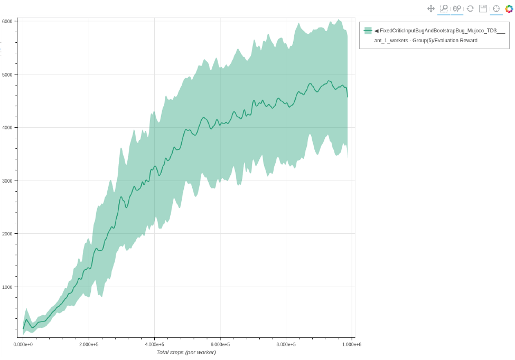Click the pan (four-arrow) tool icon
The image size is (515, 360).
tap(430, 8)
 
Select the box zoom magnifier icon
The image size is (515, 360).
tap(444, 8)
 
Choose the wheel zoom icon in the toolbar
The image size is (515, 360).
tap(457, 8)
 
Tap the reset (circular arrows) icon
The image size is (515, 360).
tap(470, 8)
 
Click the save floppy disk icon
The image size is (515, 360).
tap(483, 8)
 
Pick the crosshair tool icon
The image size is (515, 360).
tap(496, 8)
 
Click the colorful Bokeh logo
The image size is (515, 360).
tap(509, 8)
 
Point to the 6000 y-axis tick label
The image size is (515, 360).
tap(7, 21)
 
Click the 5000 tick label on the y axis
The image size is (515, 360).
tap(7, 74)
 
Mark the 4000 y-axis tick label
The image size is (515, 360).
tap(7, 127)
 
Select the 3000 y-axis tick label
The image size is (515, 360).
tap(7, 181)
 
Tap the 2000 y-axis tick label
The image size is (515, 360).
tap(7, 234)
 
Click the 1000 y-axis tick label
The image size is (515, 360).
tap(7, 287)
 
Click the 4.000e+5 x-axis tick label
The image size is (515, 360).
tap(154, 344)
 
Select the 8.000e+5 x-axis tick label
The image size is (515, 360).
tap(286, 344)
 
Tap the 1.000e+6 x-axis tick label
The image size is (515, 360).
tap(351, 344)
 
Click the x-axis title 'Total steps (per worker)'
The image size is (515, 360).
tap(186, 352)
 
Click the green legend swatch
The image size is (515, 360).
tap(368, 31)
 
